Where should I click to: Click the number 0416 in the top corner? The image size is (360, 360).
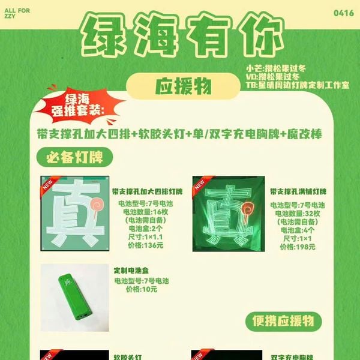coord(344,12)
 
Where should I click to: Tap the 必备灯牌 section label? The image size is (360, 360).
coord(75,158)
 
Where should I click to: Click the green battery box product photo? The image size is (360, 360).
coord(74,298)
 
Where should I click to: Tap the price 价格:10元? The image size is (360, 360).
coord(141,289)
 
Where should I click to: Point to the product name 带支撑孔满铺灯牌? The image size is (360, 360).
coord(298,191)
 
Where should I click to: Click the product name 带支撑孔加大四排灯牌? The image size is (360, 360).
coord(146,191)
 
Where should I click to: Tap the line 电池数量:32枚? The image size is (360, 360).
coord(298,214)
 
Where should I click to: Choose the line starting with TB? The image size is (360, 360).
coord(297,85)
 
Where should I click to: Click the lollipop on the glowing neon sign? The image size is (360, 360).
coord(247,210)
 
